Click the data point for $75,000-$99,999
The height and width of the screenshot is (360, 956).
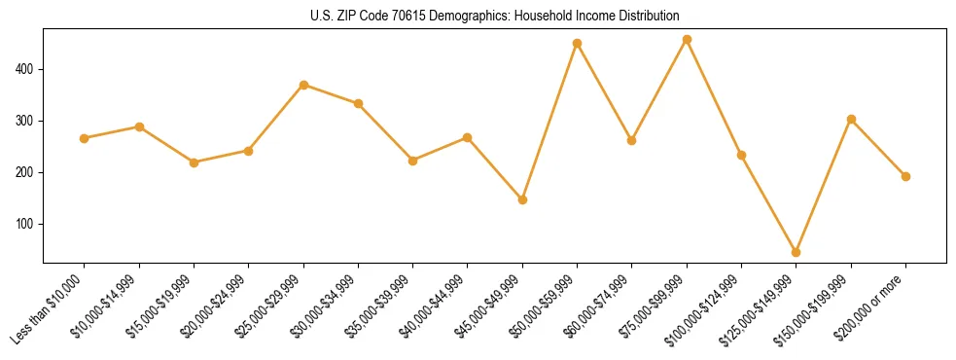687,40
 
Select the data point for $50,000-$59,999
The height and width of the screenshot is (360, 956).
577,43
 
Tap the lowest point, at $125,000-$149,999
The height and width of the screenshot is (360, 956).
797,252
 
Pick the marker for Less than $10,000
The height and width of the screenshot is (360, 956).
84,138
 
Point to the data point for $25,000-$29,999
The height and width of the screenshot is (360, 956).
303,85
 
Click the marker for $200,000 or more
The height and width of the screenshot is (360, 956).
905,176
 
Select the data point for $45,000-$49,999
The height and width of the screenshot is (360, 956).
522,199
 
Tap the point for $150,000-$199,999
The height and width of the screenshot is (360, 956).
851,120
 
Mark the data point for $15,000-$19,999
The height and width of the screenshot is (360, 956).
194,162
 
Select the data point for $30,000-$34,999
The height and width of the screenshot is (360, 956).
358,103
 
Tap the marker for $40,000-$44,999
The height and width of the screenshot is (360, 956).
467,137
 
